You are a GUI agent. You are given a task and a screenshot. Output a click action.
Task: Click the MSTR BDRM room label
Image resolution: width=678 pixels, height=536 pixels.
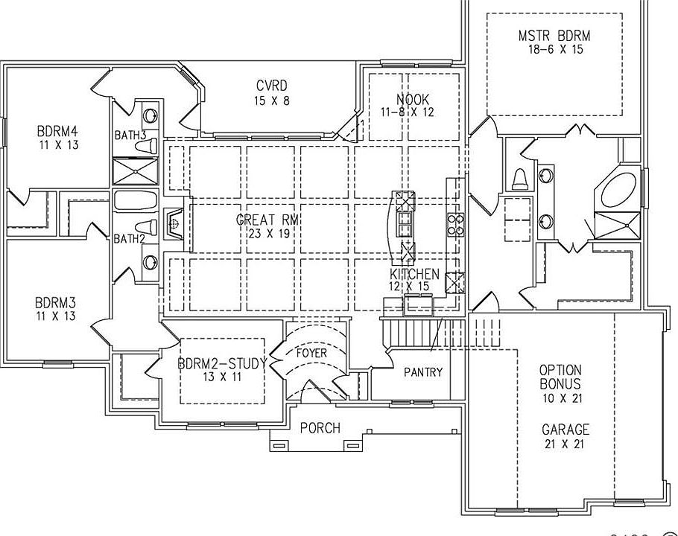554,35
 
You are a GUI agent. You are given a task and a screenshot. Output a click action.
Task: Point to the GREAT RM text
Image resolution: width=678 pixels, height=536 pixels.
263,220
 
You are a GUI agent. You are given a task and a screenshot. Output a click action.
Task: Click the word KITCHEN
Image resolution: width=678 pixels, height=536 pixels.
414,274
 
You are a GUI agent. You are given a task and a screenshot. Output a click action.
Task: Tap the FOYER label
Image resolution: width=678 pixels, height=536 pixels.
311,353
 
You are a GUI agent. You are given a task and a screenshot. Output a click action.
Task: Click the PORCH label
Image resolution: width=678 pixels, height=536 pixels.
320,428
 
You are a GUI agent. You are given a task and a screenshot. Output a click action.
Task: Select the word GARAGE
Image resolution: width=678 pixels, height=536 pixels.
565,430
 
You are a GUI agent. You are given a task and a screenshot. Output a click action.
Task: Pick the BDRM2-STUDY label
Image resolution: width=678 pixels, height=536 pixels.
222,364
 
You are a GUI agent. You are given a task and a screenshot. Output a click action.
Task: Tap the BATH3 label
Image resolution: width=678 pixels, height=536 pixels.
130,135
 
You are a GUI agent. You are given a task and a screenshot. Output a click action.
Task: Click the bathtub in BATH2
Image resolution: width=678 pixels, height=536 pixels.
136,201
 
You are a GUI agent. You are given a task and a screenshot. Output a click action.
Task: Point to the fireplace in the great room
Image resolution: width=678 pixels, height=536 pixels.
173,222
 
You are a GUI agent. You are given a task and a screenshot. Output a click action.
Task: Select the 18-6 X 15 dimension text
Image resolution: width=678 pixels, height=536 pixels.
554,48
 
